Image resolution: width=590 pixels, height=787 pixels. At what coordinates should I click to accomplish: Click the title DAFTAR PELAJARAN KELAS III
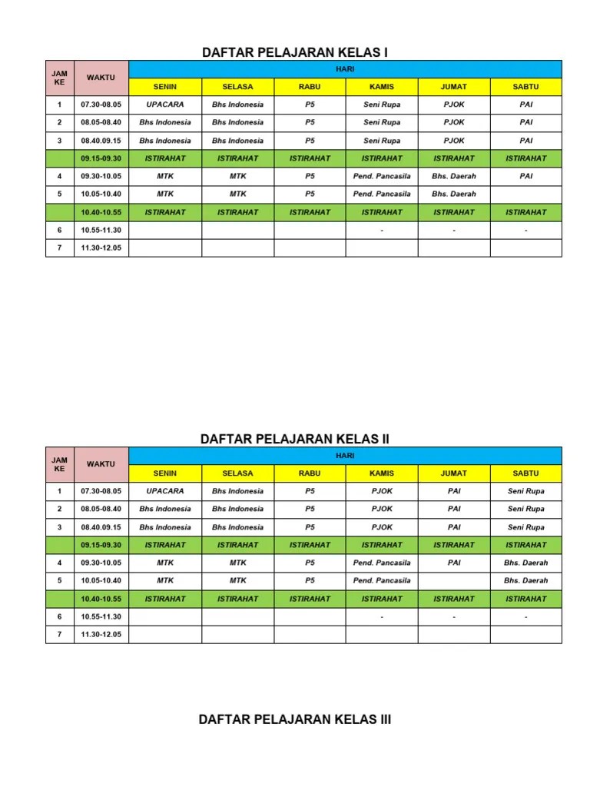pos(295,719)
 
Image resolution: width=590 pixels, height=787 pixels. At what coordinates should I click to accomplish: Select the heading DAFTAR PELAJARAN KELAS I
pos(295,52)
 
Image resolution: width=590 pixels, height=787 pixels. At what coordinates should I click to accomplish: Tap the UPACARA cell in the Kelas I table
pos(164,105)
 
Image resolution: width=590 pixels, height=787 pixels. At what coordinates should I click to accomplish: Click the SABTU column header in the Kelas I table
pos(525,87)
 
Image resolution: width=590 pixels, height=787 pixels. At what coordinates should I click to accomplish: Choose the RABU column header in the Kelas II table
pos(310,473)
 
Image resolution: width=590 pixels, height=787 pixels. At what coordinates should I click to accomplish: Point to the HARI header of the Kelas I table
pos(345,69)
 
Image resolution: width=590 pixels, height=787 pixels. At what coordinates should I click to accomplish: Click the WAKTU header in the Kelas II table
pos(101,464)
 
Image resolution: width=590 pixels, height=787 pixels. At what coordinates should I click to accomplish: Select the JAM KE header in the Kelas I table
pos(59,78)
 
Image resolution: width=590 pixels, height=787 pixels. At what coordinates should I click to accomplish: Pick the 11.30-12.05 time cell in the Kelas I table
pos(101,247)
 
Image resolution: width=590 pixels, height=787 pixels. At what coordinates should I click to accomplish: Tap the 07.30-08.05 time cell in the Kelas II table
pos(101,491)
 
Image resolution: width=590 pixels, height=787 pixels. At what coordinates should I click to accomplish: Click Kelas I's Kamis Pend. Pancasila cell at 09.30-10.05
pos(382,176)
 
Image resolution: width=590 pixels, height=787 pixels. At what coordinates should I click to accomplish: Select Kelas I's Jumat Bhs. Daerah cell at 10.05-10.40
pos(454,194)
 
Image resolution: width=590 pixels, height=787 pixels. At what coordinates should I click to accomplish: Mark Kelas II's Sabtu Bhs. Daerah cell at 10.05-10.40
pos(525,580)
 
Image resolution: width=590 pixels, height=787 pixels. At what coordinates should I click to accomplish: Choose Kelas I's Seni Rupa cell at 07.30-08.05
pos(382,105)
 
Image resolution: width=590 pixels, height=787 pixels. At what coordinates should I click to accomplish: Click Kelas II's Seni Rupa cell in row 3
pos(525,527)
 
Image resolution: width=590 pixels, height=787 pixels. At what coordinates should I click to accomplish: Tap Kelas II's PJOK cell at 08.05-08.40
pos(382,509)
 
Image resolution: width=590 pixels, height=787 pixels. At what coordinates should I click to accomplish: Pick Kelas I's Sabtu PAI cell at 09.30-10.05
pos(525,176)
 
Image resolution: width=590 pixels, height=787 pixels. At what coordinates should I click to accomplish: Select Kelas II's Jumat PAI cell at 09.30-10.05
pos(454,563)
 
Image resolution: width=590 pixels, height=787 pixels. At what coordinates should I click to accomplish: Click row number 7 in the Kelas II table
pos(59,634)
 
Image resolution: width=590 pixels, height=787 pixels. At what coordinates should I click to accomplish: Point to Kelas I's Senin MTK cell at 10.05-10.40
pos(164,194)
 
